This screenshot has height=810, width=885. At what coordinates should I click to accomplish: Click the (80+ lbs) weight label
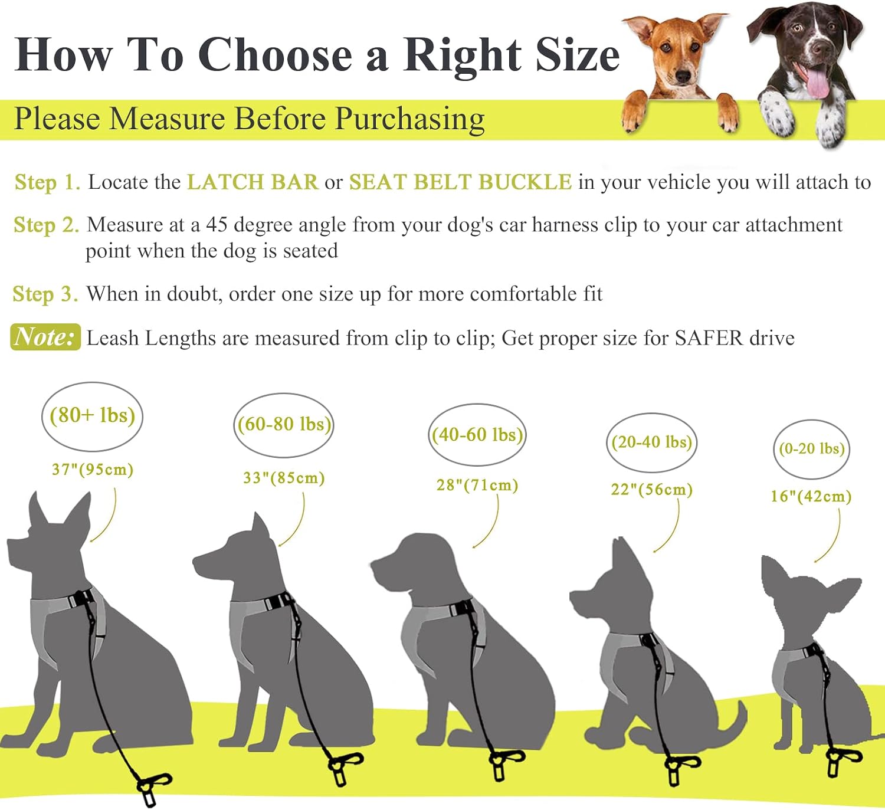point(92,415)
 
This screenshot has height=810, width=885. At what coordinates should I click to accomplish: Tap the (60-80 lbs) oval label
point(284,424)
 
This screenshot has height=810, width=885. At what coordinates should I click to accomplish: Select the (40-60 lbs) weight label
point(477,435)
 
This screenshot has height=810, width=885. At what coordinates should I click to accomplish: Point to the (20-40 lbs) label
point(651,442)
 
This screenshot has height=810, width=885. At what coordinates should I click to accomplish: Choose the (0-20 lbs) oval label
point(812,449)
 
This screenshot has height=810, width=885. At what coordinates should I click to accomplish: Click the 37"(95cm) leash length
point(93,470)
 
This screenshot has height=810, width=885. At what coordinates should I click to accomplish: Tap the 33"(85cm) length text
point(284,478)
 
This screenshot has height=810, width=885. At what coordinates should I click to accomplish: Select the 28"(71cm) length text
point(477,486)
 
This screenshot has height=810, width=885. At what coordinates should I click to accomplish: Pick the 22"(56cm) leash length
point(651,490)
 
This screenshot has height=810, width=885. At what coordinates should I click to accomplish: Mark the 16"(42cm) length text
point(811,496)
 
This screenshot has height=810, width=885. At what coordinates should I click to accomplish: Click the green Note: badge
point(45,337)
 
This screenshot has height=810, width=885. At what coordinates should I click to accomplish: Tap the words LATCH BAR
point(253,182)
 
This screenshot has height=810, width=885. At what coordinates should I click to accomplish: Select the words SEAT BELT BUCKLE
point(461,182)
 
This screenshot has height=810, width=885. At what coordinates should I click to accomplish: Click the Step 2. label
point(47,225)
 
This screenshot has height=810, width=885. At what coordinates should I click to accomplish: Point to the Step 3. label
point(45,294)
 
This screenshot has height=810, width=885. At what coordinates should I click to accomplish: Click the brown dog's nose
point(683,77)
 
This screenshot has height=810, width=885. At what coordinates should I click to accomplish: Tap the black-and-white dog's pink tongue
point(817,83)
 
